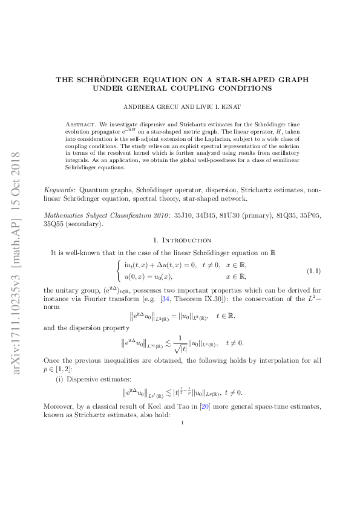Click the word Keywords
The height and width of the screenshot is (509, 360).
click(60, 190)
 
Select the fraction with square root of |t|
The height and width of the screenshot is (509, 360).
click(195, 361)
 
